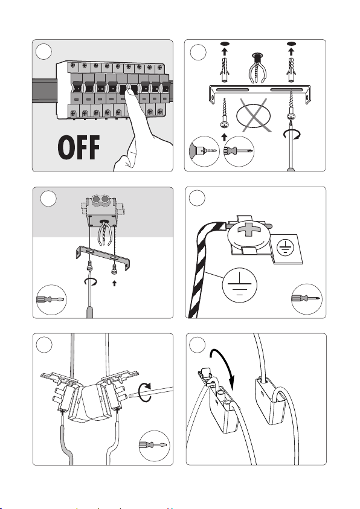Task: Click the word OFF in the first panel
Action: [x=79, y=147]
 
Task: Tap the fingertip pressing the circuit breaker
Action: [x=130, y=94]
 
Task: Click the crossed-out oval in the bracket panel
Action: [x=253, y=115]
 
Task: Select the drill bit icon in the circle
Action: [x=204, y=152]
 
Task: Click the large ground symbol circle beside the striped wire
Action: [x=240, y=285]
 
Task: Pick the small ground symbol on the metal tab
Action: [x=285, y=248]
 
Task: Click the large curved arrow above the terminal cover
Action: [x=223, y=365]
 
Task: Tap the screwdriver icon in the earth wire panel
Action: [x=306, y=299]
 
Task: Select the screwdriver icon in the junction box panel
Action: [x=51, y=299]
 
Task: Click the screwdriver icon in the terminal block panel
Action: [x=154, y=446]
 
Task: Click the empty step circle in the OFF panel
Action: [x=43, y=51]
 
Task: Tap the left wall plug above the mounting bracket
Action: [x=224, y=70]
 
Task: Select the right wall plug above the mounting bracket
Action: [x=291, y=70]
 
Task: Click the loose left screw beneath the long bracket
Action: [x=223, y=114]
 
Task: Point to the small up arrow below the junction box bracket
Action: [x=114, y=283]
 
